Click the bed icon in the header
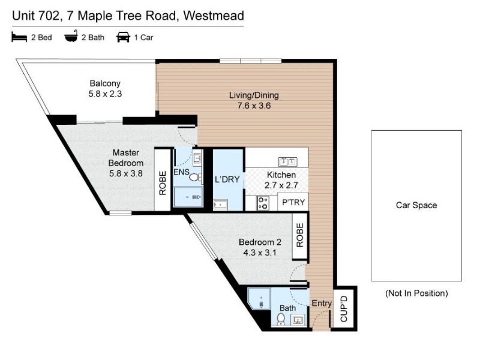(19, 37)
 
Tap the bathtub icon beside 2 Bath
(71, 37)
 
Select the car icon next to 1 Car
(123, 37)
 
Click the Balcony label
(105, 83)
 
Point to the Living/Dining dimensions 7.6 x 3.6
(254, 106)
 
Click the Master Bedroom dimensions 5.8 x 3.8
(126, 173)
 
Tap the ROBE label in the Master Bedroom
(162, 183)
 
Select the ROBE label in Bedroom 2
(299, 235)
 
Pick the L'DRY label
(227, 179)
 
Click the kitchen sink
(287, 161)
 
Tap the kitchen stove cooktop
(263, 203)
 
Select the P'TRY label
(293, 202)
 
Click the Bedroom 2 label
(260, 242)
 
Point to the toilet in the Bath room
(281, 319)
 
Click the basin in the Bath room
(298, 320)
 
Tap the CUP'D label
(344, 308)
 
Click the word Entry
(322, 304)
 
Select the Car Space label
(416, 205)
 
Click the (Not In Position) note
(416, 293)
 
